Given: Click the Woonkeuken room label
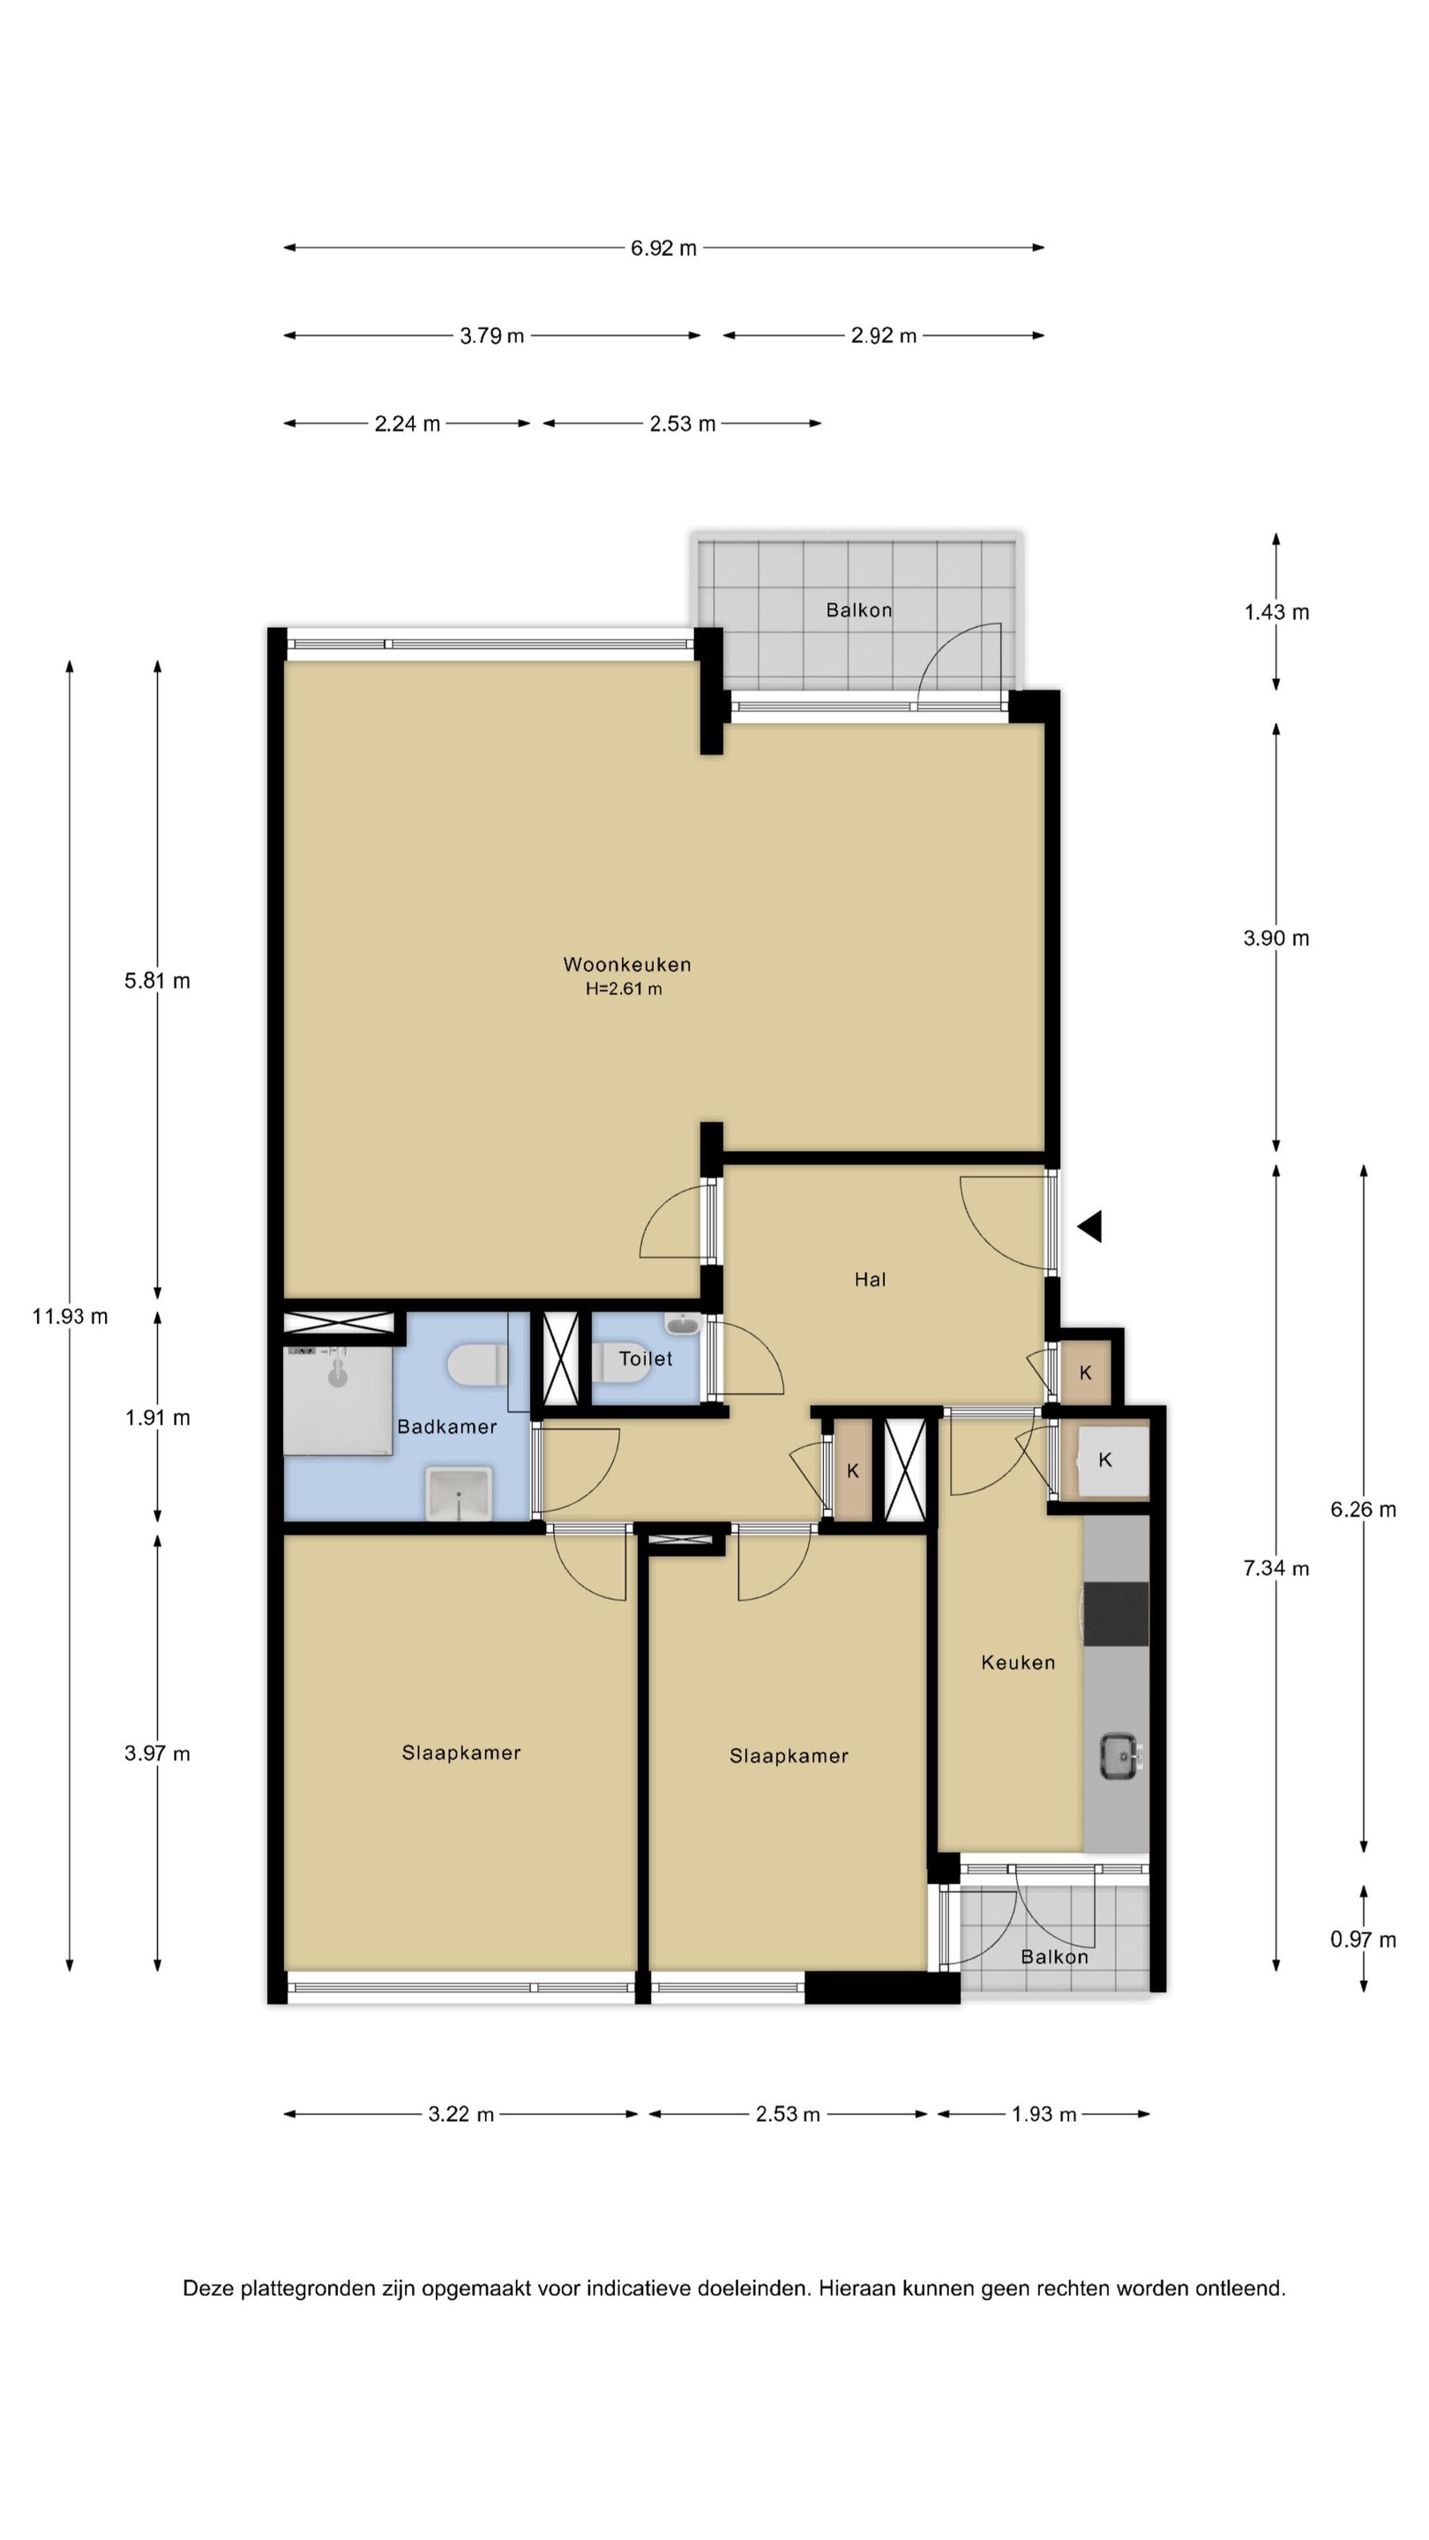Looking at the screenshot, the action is pyautogui.click(x=626, y=964).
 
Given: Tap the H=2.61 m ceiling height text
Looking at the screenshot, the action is pyautogui.click(x=624, y=989).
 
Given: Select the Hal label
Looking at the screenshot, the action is pyautogui.click(x=870, y=1280).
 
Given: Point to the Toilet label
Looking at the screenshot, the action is pyautogui.click(x=645, y=1359).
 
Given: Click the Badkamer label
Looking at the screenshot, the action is pyautogui.click(x=446, y=1427).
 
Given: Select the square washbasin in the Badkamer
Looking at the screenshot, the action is pyautogui.click(x=459, y=1493).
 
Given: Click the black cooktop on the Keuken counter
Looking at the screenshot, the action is pyautogui.click(x=1117, y=1613).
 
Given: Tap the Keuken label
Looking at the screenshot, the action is pyautogui.click(x=1018, y=1662).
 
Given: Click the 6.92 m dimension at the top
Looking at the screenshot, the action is pyautogui.click(x=663, y=249).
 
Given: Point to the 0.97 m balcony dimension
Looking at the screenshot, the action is pyautogui.click(x=1363, y=1939).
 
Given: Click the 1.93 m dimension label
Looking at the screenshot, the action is pyautogui.click(x=1044, y=2114).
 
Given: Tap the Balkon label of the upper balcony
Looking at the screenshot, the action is pyautogui.click(x=859, y=610).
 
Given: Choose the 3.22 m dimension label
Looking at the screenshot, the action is pyautogui.click(x=460, y=2114).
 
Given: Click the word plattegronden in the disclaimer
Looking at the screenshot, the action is pyautogui.click(x=325, y=2289).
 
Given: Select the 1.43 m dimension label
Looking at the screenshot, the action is pyautogui.click(x=1276, y=612).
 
